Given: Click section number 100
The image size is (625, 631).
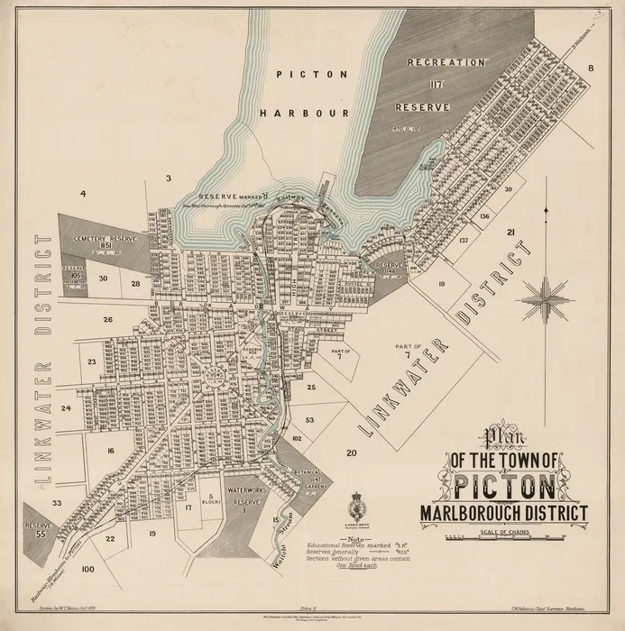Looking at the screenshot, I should tap(87, 570).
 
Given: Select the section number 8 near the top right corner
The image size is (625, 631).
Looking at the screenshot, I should tap(592, 69).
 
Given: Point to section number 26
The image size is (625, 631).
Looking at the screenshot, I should tap(106, 320).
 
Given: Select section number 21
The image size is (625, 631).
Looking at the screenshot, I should tap(510, 233).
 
